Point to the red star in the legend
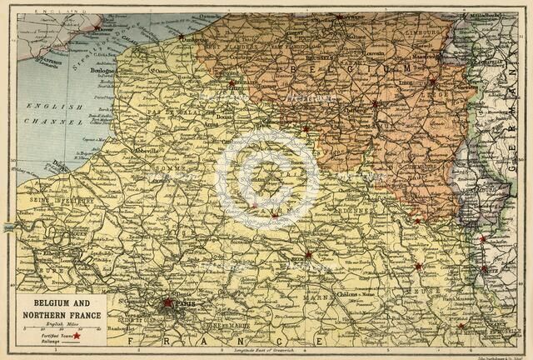(78, 335)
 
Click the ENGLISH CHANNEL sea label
(55, 113)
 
